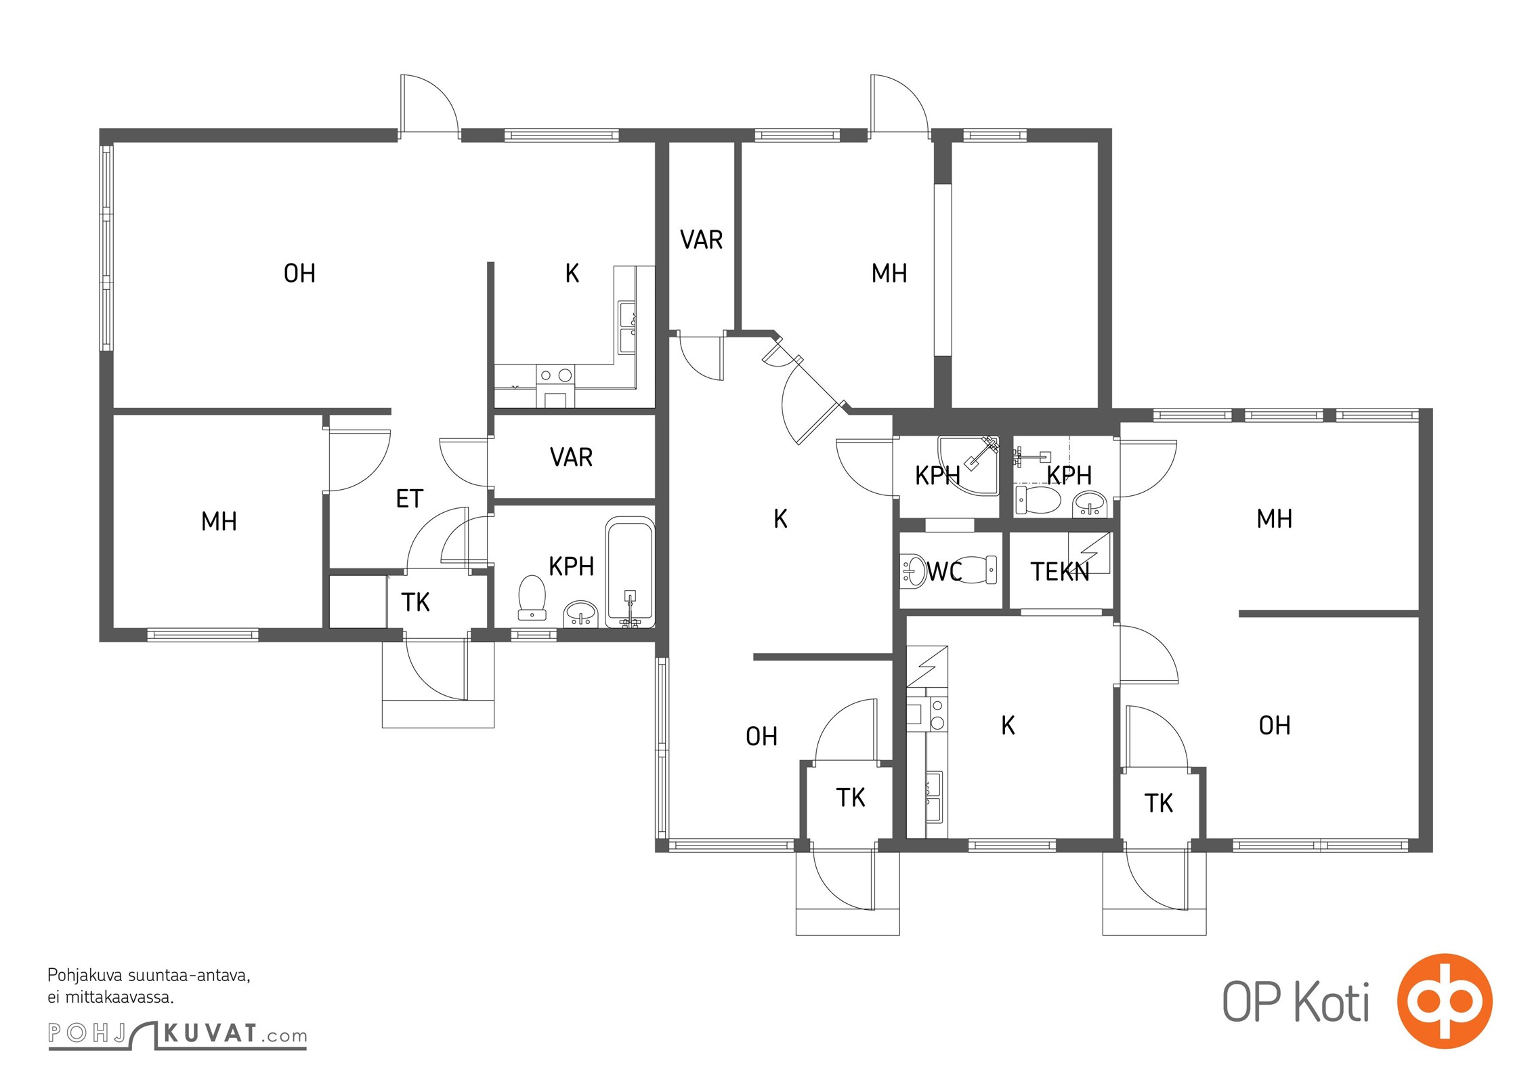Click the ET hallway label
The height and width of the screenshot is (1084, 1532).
point(409,499)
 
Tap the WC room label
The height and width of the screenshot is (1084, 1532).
point(944,571)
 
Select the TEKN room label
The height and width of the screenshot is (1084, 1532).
point(1059,572)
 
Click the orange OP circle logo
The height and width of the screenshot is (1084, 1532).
point(1445,1001)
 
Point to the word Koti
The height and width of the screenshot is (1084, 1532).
point(1332,1002)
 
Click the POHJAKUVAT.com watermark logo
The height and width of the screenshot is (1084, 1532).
point(177,1034)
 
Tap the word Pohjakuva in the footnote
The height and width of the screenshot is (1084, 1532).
point(85,976)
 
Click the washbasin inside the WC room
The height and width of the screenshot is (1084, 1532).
point(912,570)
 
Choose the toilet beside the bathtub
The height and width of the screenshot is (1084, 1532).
point(532,597)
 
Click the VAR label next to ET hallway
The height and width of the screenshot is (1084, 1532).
point(571,457)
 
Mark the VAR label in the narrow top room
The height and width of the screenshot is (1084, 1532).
point(701,240)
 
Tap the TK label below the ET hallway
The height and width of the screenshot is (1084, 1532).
point(415,602)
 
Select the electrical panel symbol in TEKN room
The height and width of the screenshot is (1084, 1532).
point(1089,552)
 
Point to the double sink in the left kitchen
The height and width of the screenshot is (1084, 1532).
point(626,328)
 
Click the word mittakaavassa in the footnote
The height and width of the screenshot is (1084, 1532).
point(118,997)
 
